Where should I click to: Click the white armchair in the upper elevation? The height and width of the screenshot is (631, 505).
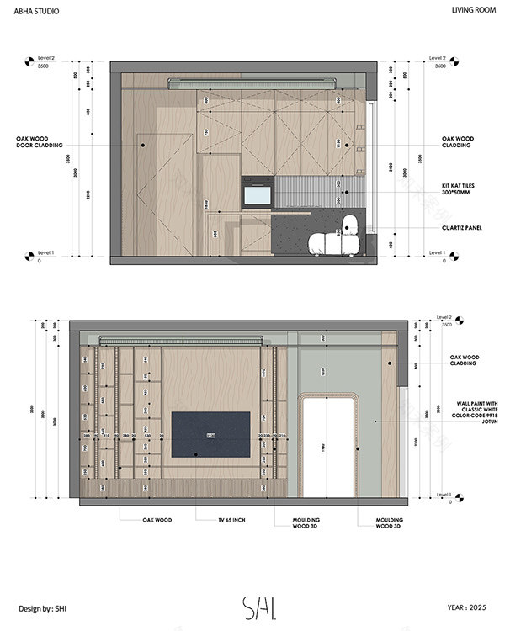pos(337,240)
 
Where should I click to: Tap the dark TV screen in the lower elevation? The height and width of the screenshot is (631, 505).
pos(210,434)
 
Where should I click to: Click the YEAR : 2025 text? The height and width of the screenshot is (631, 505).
pos(466,606)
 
